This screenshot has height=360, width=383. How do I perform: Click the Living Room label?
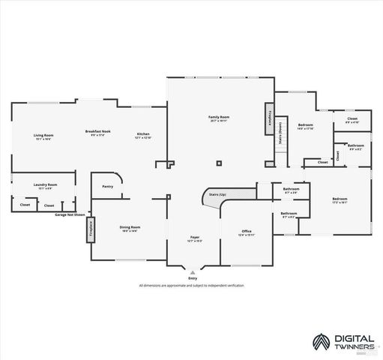[43, 135]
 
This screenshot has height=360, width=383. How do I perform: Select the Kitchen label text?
[143, 135]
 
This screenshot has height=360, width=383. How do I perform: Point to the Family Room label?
[219, 117]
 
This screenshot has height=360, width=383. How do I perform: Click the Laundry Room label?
[45, 184]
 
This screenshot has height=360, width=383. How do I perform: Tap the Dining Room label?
[130, 226]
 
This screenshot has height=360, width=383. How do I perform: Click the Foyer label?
[194, 238]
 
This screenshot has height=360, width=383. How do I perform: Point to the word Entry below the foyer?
[193, 277]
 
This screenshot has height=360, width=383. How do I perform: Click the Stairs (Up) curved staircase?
[218, 196]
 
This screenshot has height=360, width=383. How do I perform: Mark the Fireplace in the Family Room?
[270, 119]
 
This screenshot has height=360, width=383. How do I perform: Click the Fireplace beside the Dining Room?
[91, 229]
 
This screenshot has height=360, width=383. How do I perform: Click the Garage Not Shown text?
[70, 214]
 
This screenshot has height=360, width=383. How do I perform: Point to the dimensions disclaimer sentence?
[191, 286]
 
